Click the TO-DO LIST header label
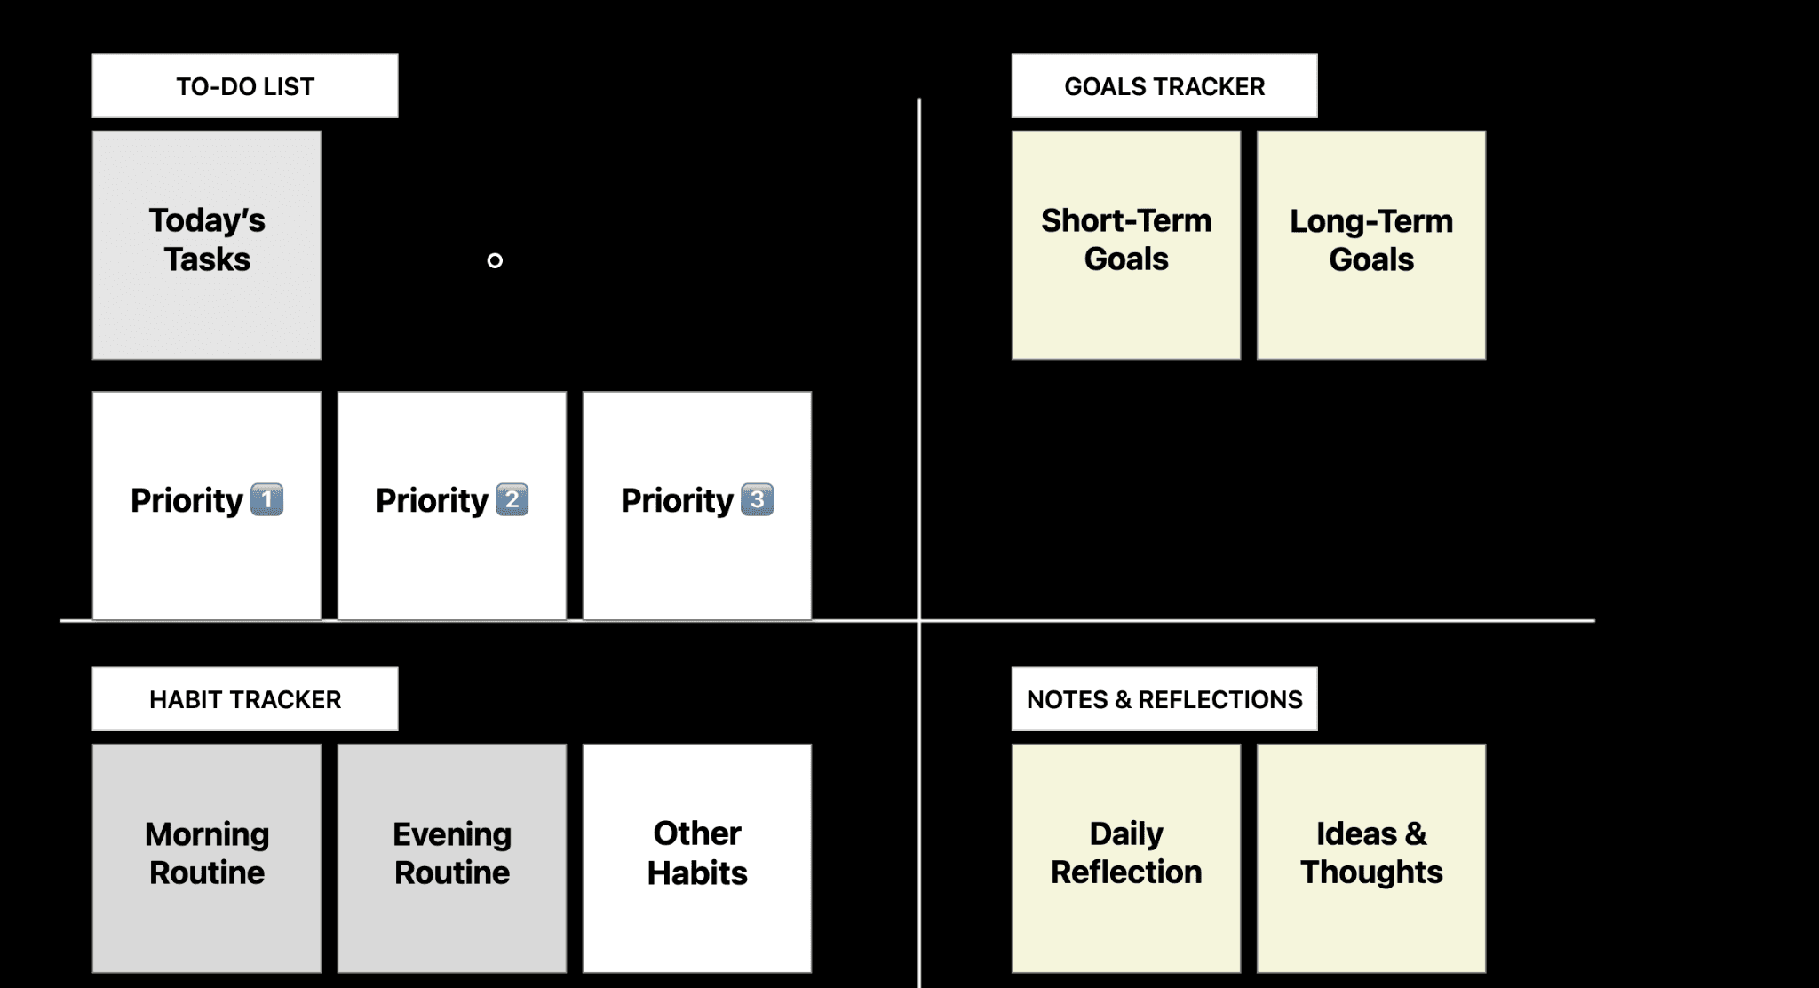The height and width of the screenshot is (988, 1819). pos(245,86)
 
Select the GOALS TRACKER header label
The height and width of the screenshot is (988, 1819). pos(1164,86)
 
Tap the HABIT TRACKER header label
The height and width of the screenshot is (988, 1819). pos(245,699)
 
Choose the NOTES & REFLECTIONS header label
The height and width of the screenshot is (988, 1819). pos(1164,699)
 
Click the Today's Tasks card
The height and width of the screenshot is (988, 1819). pos(207,245)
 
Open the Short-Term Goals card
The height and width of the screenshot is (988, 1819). pos(1126,245)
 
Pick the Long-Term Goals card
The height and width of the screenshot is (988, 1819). pos(1371,245)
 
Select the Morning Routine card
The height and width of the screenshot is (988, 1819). pos(207,858)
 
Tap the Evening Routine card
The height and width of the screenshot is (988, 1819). pos(452,858)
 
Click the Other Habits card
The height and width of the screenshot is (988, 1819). pos(697,858)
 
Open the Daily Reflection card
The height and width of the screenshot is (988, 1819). pos(1126,858)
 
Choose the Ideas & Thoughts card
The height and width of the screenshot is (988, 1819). pos(1371,858)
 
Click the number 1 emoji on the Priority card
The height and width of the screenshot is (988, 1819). pos(267,499)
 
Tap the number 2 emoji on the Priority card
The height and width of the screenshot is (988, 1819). pos(512,499)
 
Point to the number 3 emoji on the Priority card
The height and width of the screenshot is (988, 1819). pos(757,499)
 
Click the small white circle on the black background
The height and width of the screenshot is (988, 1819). pos(495,260)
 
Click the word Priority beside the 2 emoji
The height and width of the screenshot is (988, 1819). pos(432,501)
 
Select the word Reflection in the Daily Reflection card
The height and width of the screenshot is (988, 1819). pos(1126,872)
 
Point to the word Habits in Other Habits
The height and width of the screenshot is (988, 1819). pos(697,873)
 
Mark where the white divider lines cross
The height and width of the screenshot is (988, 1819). pos(919,620)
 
